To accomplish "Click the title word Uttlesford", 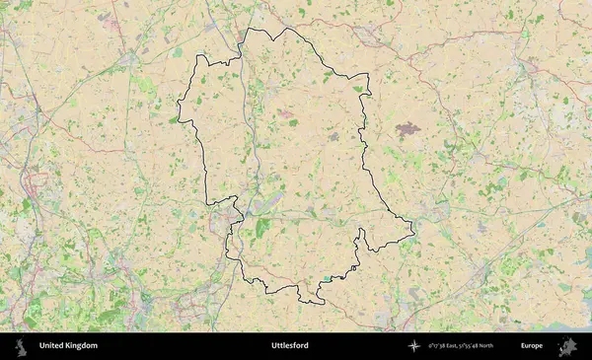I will (290, 346).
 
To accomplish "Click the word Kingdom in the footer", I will (82, 346).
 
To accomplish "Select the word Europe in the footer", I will (532, 346).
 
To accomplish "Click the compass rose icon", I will (415, 346).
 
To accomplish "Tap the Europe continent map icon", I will (569, 346).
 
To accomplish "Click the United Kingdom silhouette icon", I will (21, 346).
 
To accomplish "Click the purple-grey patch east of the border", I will (407, 127).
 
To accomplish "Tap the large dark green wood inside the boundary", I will (261, 228).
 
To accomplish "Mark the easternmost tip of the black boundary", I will (413, 233).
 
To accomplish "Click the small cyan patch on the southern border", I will (322, 281).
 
